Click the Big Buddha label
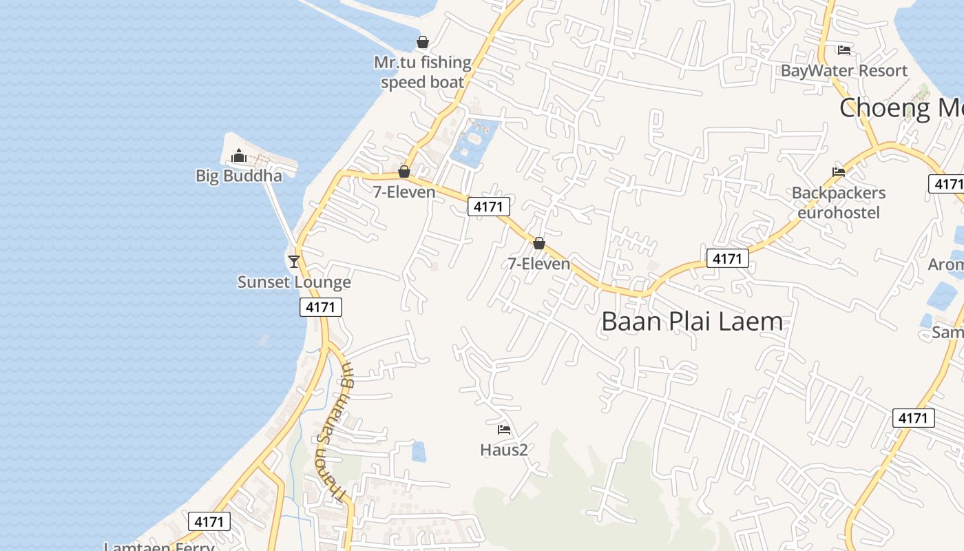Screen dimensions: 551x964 (x=239, y=176)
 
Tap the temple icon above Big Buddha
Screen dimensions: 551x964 (x=239, y=156)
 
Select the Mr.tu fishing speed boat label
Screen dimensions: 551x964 (x=423, y=72)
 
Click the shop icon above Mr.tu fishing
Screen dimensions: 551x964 (x=423, y=42)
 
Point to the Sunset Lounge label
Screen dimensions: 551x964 (x=294, y=282)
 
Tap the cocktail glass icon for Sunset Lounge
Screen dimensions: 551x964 (x=294, y=261)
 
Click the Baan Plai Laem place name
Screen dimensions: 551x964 (x=692, y=322)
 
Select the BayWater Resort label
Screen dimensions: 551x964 (x=844, y=70)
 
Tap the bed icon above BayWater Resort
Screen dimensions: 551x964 (x=844, y=50)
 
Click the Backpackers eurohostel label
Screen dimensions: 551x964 (x=839, y=202)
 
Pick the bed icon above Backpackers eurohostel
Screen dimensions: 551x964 (x=839, y=171)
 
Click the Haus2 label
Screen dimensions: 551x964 (x=504, y=450)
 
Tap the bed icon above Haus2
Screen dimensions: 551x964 (x=504, y=430)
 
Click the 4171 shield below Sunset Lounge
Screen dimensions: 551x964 (x=321, y=306)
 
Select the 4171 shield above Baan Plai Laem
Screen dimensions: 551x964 (x=727, y=258)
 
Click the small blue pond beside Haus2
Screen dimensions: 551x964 (x=419, y=452)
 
